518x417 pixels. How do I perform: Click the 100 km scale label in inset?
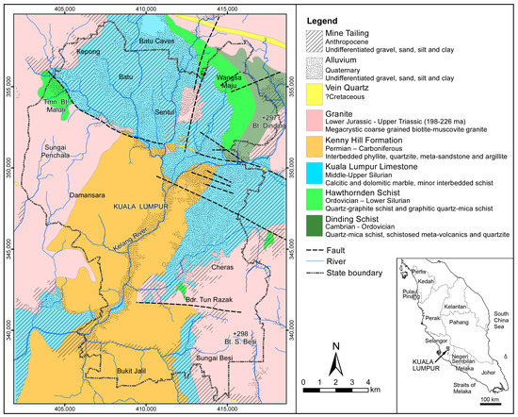(489, 400)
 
